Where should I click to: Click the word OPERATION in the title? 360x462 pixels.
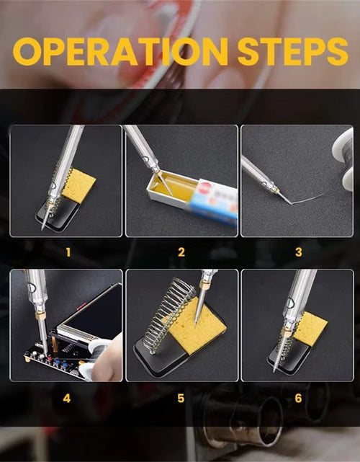tap(121, 51)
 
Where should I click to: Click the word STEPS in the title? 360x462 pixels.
tap(293, 51)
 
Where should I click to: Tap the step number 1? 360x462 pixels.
tap(68, 252)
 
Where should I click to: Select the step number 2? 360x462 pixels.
tap(181, 252)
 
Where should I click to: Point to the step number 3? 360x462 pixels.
tap(299, 252)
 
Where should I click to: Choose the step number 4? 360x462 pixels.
tap(67, 399)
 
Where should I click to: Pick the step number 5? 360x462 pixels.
tap(181, 399)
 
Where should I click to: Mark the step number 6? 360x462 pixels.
tap(298, 399)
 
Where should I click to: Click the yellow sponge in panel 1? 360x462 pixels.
tap(79, 186)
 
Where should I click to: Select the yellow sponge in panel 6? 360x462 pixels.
tap(310, 327)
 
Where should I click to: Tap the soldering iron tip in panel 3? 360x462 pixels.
tap(285, 198)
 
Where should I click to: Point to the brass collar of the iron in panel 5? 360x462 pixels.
tap(204, 285)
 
